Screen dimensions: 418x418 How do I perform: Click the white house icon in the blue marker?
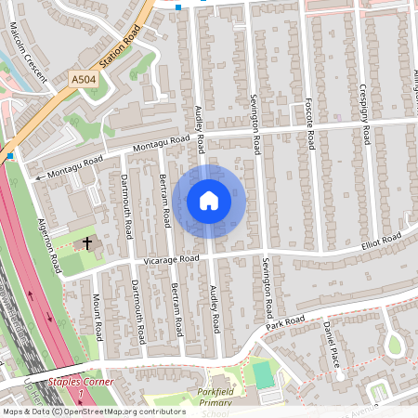(209, 200)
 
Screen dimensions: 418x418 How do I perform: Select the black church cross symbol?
(89, 242)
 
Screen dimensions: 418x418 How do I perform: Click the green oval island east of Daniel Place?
(394, 345)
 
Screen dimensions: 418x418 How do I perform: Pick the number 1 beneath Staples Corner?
(81, 395)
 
